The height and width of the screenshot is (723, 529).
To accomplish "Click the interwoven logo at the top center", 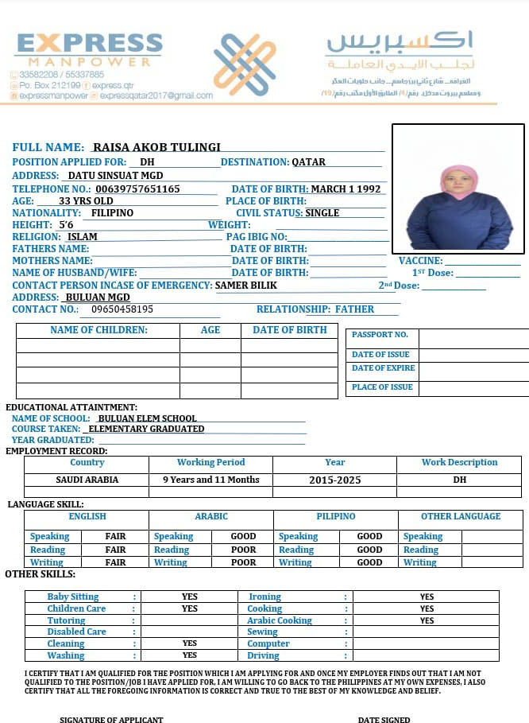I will coord(245,64).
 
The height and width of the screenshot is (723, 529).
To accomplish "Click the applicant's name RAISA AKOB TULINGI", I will coord(156,147).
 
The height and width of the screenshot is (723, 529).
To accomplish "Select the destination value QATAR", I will coord(309,162).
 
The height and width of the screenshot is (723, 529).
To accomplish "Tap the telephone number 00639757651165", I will coord(137,189).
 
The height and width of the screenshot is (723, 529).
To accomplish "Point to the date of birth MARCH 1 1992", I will coord(346,189).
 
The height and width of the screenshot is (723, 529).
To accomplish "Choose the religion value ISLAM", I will coord(83,237).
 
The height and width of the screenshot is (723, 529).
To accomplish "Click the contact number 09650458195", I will coord(122,309).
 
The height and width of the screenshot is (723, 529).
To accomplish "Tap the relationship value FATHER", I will coord(354,309).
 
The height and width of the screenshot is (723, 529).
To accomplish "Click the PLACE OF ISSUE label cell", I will coord(382,387).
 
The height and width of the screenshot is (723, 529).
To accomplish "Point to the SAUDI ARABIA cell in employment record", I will coord(87,480).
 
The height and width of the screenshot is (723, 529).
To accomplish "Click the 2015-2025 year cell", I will coord(335,480).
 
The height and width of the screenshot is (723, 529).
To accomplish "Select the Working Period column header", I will coord(211,462).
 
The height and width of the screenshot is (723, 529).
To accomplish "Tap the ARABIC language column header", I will coord(211,516).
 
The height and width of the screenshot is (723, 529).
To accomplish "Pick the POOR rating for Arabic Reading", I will coord(244,550).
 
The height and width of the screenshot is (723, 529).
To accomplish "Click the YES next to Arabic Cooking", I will coord(427,620).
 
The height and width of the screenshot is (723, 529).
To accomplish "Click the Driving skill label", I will coord(263,655).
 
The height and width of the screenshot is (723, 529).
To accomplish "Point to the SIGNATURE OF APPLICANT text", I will coord(111,719).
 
